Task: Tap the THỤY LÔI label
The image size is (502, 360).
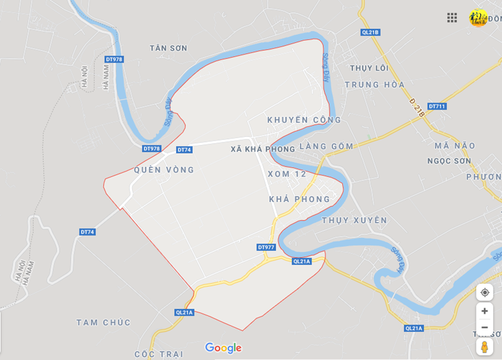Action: [369, 68]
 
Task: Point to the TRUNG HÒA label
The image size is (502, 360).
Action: [374, 84]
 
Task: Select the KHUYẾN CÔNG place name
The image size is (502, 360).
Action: [304, 120]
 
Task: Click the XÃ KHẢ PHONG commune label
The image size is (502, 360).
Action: [263, 149]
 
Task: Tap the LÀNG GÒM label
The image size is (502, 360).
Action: [326, 146]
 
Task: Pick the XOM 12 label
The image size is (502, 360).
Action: [287, 174]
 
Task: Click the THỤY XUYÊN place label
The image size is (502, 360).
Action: [354, 220]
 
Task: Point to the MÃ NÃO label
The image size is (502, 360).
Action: [455, 146]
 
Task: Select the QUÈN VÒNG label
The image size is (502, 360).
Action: [164, 170]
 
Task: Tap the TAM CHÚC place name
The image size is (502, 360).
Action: [103, 322]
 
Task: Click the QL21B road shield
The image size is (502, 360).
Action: [370, 32]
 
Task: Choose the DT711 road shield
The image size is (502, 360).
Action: [437, 107]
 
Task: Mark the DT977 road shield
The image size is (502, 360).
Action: [266, 247]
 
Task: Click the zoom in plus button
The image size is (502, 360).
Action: [485, 311]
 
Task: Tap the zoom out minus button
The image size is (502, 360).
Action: [485, 327]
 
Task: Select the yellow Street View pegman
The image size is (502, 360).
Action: [485, 347]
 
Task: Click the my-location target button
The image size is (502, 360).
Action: [485, 292]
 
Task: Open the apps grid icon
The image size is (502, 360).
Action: [452, 17]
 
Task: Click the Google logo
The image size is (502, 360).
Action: [223, 348]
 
